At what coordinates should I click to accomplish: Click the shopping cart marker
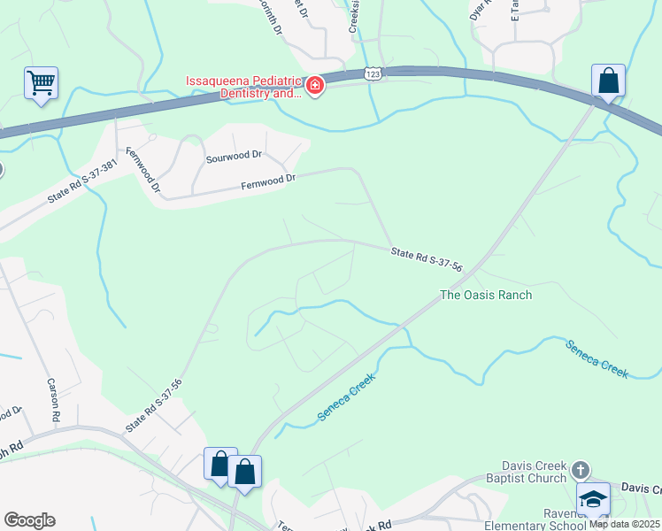pyautogui.click(x=41, y=84)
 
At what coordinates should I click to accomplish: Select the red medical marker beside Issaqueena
pyautogui.click(x=315, y=86)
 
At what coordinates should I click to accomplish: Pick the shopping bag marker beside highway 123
pyautogui.click(x=608, y=81)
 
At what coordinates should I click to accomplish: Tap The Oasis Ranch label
pyautogui.click(x=486, y=295)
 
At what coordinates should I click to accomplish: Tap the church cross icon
pyautogui.click(x=580, y=468)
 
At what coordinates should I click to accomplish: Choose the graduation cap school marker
pyautogui.click(x=593, y=497)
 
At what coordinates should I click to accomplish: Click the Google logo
pyautogui.click(x=29, y=520)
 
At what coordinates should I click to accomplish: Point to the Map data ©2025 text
pyautogui.click(x=625, y=524)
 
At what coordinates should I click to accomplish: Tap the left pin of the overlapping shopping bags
pyautogui.click(x=219, y=463)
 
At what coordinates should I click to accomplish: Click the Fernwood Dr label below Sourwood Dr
pyautogui.click(x=267, y=182)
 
